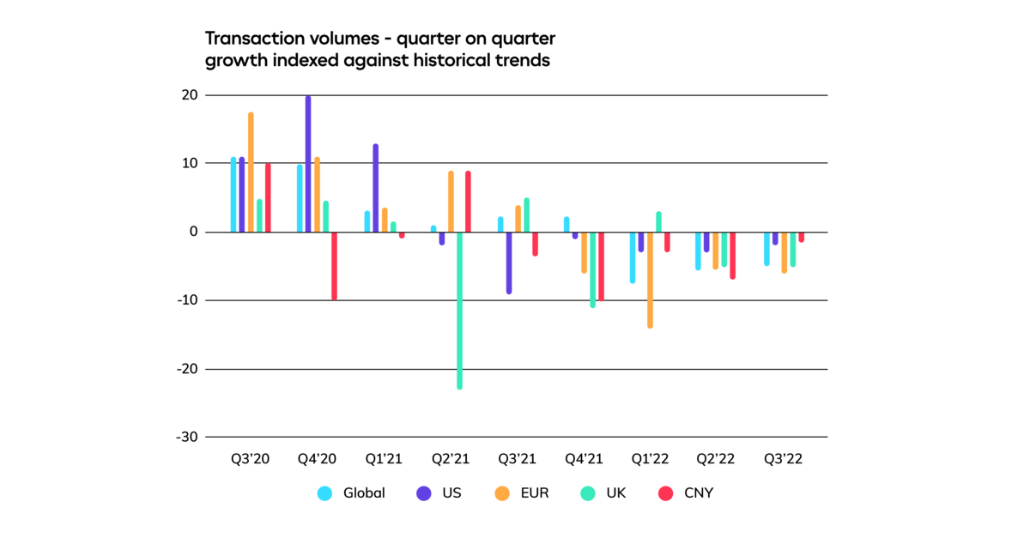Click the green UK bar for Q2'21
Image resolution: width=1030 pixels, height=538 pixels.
coord(459,310)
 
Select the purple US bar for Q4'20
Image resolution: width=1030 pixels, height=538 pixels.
coord(308,164)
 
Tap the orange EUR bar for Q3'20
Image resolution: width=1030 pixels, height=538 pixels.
coord(251,172)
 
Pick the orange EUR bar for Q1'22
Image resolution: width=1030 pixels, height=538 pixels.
coord(650,279)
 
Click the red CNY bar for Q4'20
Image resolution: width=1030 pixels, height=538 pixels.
coord(334,265)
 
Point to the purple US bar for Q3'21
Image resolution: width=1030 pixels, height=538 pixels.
coord(509,263)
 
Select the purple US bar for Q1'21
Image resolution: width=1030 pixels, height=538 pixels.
coord(375,188)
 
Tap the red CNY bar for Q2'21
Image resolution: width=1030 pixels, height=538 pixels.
coord(468,202)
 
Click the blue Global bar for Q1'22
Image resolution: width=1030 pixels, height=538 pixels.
coord(633,257)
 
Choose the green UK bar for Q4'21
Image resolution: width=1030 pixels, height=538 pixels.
coord(592,269)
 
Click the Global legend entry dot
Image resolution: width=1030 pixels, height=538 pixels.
coord(324,493)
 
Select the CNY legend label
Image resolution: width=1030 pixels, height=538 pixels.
coord(698,493)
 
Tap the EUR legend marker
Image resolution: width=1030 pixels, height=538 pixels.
coord(503,493)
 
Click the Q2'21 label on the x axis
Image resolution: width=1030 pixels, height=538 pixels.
coord(451,460)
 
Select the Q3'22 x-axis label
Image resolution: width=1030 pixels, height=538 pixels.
coord(783,460)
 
